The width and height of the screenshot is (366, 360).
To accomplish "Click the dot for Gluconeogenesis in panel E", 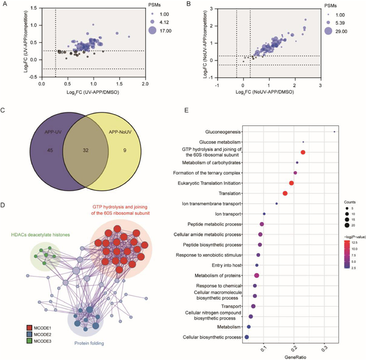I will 335,131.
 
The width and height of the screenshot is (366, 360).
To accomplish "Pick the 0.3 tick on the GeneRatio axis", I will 324,345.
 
